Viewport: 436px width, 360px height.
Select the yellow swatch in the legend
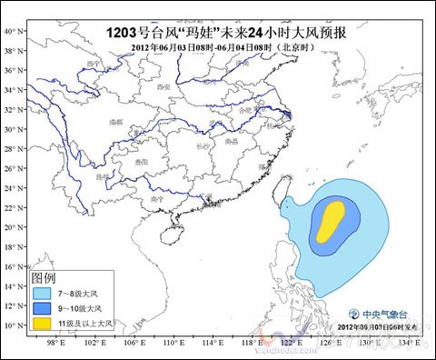pyautogui.click(x=41, y=323)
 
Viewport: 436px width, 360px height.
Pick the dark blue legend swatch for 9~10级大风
pyautogui.click(x=41, y=308)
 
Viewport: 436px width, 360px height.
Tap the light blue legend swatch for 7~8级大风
pyautogui.click(x=41, y=294)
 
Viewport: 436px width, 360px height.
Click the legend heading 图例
pyautogui.click(x=44, y=276)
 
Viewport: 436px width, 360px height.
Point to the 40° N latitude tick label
pyautogui.click(x=15, y=31)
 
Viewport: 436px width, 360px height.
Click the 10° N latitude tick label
pyautogui.click(x=15, y=325)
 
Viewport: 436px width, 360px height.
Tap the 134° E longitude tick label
pyautogui.click(x=407, y=344)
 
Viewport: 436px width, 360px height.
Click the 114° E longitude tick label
pyautogui.click(x=212, y=344)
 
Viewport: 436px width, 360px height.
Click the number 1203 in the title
pyautogui.click(x=122, y=31)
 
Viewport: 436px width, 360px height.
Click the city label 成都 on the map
pyautogui.click(x=114, y=120)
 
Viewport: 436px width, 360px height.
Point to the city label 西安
pyautogui.click(x=163, y=87)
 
